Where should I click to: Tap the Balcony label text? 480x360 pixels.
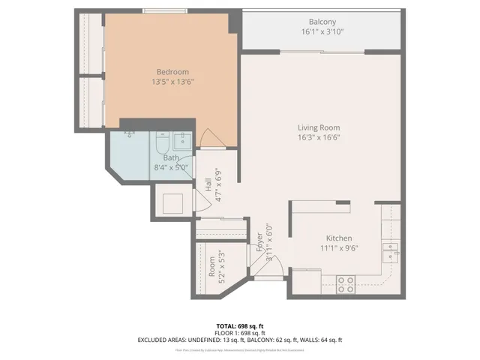click(x=323, y=22)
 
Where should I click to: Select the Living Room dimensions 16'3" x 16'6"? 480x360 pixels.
click(x=319, y=138)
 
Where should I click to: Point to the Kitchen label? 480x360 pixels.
click(x=340, y=237)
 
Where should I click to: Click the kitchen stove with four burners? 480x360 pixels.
click(x=346, y=283)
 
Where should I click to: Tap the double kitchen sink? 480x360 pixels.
click(x=389, y=252)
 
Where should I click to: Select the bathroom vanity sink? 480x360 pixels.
click(x=181, y=139)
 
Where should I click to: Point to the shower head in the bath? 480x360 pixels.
click(x=130, y=135)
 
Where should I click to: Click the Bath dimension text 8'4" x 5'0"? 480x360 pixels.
click(x=171, y=167)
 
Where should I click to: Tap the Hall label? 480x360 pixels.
click(x=208, y=184)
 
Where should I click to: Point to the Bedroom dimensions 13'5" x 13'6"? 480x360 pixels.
click(x=170, y=82)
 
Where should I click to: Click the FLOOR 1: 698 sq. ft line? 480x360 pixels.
click(x=239, y=333)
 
